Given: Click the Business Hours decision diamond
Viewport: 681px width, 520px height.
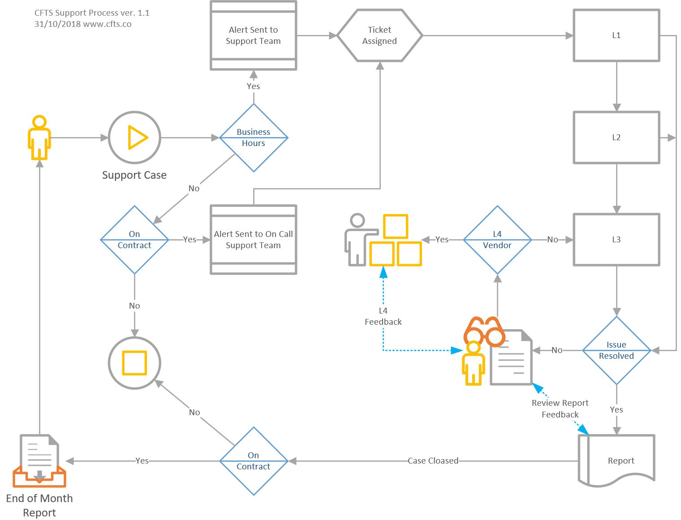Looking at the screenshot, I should pos(254,138).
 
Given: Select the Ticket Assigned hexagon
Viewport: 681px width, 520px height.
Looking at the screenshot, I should pos(379,35).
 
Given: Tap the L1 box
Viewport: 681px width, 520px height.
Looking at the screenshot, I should pos(616,35).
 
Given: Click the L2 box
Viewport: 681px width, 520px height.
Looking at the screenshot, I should pos(616,138).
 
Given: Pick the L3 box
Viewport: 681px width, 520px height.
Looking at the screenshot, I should pos(616,240).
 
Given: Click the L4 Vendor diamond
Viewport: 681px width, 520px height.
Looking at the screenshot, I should pos(497,240).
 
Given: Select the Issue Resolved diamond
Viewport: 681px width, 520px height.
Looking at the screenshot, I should pos(616,350).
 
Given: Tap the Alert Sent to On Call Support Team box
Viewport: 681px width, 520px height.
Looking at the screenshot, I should pos(254,240).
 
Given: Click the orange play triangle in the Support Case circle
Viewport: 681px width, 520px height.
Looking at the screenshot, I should pos(137,138).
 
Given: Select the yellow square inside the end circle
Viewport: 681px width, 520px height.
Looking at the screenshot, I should pos(134,363).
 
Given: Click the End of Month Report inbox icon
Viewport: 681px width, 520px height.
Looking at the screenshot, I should pos(39,461).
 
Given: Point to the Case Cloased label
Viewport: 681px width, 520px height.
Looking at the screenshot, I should pos(433,460).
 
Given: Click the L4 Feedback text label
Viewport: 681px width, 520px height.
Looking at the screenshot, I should pos(383,316).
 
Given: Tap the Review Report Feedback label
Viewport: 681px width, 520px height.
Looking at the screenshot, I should pos(560,408).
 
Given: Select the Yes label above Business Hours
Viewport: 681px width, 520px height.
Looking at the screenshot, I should pos(253,86).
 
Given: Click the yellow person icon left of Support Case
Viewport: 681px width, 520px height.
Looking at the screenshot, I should pos(39,138).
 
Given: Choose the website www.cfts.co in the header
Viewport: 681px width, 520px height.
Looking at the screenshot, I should pos(108,24).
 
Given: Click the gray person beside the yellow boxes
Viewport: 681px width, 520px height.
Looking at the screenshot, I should pos(358,240).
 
